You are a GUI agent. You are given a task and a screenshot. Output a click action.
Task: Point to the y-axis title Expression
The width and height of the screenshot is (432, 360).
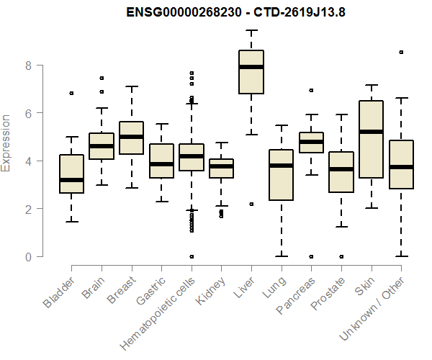pyautogui.click(x=7, y=143)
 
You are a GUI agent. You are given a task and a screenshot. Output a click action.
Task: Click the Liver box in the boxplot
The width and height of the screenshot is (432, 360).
pyautogui.click(x=251, y=72)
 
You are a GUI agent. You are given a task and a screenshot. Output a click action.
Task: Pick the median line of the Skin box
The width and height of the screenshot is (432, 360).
pyautogui.click(x=371, y=132)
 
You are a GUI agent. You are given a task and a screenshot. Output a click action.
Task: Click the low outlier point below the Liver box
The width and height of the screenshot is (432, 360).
pyautogui.click(x=251, y=204)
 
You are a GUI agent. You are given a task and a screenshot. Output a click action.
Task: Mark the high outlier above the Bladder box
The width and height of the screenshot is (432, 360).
pyautogui.click(x=71, y=94)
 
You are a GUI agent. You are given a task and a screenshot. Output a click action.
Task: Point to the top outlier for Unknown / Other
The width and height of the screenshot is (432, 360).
pyautogui.click(x=401, y=52)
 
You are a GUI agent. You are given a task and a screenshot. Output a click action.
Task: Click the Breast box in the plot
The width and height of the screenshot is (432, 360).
pyautogui.click(x=131, y=138)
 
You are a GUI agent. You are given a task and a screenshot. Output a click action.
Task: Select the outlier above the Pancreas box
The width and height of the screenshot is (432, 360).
pyautogui.click(x=311, y=91)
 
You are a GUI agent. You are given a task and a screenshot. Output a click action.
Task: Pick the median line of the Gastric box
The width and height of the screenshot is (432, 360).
pyautogui.click(x=161, y=163)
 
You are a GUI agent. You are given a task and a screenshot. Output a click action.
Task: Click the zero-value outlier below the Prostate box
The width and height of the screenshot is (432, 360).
pyautogui.click(x=341, y=256)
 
